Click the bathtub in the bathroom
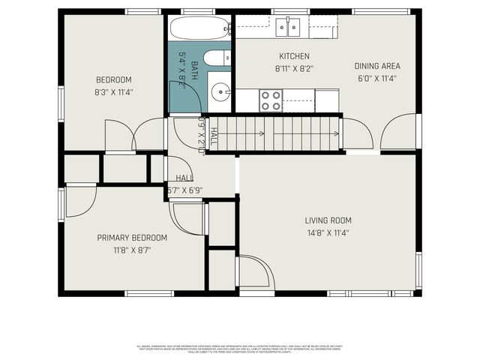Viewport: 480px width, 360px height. pos(198,28)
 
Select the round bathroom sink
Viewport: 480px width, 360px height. pos(221,93)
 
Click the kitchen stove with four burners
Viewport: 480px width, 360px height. pos(271,100)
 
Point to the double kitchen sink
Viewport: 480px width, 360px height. pos(288,28)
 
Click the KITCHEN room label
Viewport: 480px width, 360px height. pos(294,56)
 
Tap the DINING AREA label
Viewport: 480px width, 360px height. pos(376,66)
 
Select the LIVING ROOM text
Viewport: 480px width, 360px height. pos(328,220)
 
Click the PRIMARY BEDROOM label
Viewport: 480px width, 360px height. pos(132,238)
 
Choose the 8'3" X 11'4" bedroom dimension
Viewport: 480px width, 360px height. pos(114,93)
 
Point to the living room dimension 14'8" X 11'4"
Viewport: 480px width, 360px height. pos(328,232)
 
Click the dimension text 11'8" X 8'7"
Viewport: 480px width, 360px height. pos(132,250)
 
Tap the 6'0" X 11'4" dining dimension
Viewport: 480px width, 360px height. pos(376,78)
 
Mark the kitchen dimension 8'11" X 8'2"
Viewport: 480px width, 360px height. pos(294,68)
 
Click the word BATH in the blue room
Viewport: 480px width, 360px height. pos(193,71)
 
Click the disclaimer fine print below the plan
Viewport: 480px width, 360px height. pos(240,349)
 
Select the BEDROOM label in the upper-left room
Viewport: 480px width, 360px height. pos(114,80)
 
